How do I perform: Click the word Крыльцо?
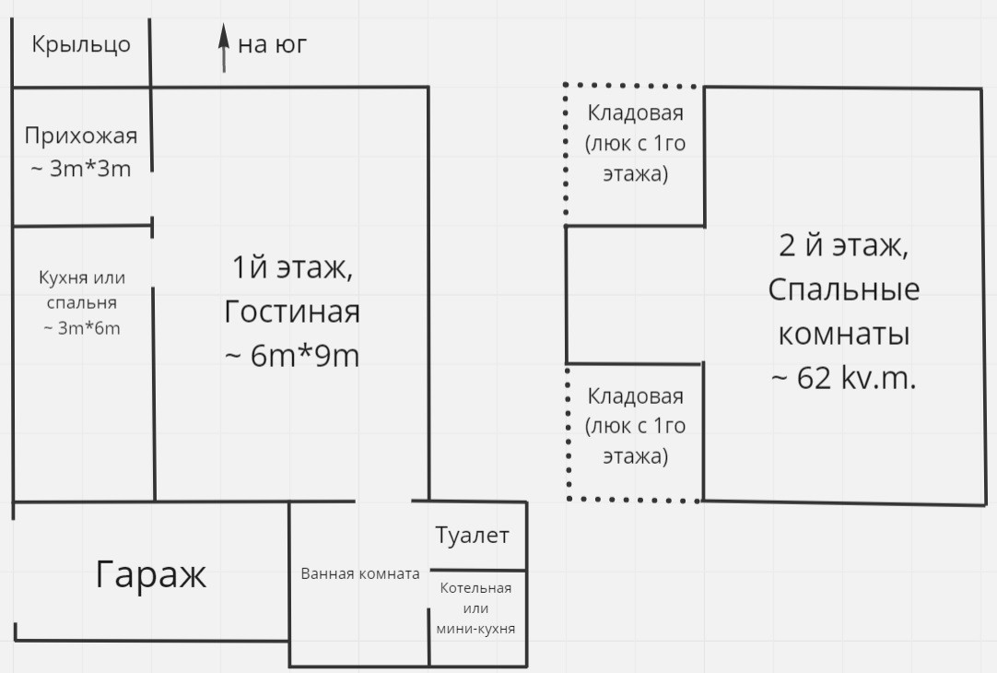(81, 44)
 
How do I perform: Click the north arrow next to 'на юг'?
(224, 48)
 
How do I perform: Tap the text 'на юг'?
(272, 44)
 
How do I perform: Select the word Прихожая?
(81, 136)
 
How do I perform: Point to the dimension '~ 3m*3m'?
(81, 169)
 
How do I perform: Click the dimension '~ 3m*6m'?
(81, 328)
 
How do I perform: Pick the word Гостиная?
(292, 312)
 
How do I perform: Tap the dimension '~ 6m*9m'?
(292, 356)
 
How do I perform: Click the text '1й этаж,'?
(292, 267)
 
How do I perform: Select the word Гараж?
(151, 575)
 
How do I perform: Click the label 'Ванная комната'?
(360, 573)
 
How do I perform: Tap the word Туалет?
(472, 536)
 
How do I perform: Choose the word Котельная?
(475, 588)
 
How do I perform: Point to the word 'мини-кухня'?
(475, 629)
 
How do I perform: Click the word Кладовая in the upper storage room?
(635, 113)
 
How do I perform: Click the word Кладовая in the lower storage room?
(635, 396)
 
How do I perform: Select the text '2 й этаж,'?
(844, 245)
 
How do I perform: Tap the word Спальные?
(844, 290)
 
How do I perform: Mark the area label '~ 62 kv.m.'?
(844, 379)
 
